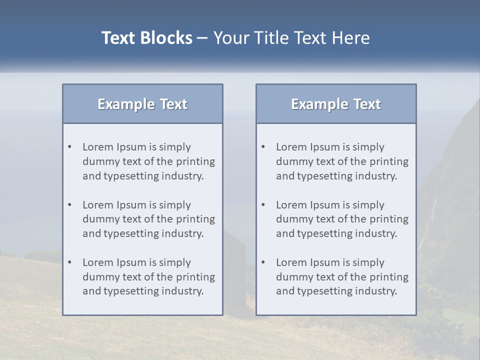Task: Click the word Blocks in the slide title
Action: click(x=166, y=38)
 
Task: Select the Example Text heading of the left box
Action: click(x=142, y=104)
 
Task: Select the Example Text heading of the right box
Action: click(x=336, y=104)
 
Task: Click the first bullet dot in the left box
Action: click(x=70, y=147)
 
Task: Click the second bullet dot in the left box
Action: click(x=70, y=205)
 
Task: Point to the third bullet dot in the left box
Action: click(x=70, y=262)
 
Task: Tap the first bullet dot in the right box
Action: click(x=263, y=147)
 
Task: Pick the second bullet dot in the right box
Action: click(x=263, y=205)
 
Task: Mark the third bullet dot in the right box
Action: click(x=263, y=262)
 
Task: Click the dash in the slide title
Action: click(x=202, y=38)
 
